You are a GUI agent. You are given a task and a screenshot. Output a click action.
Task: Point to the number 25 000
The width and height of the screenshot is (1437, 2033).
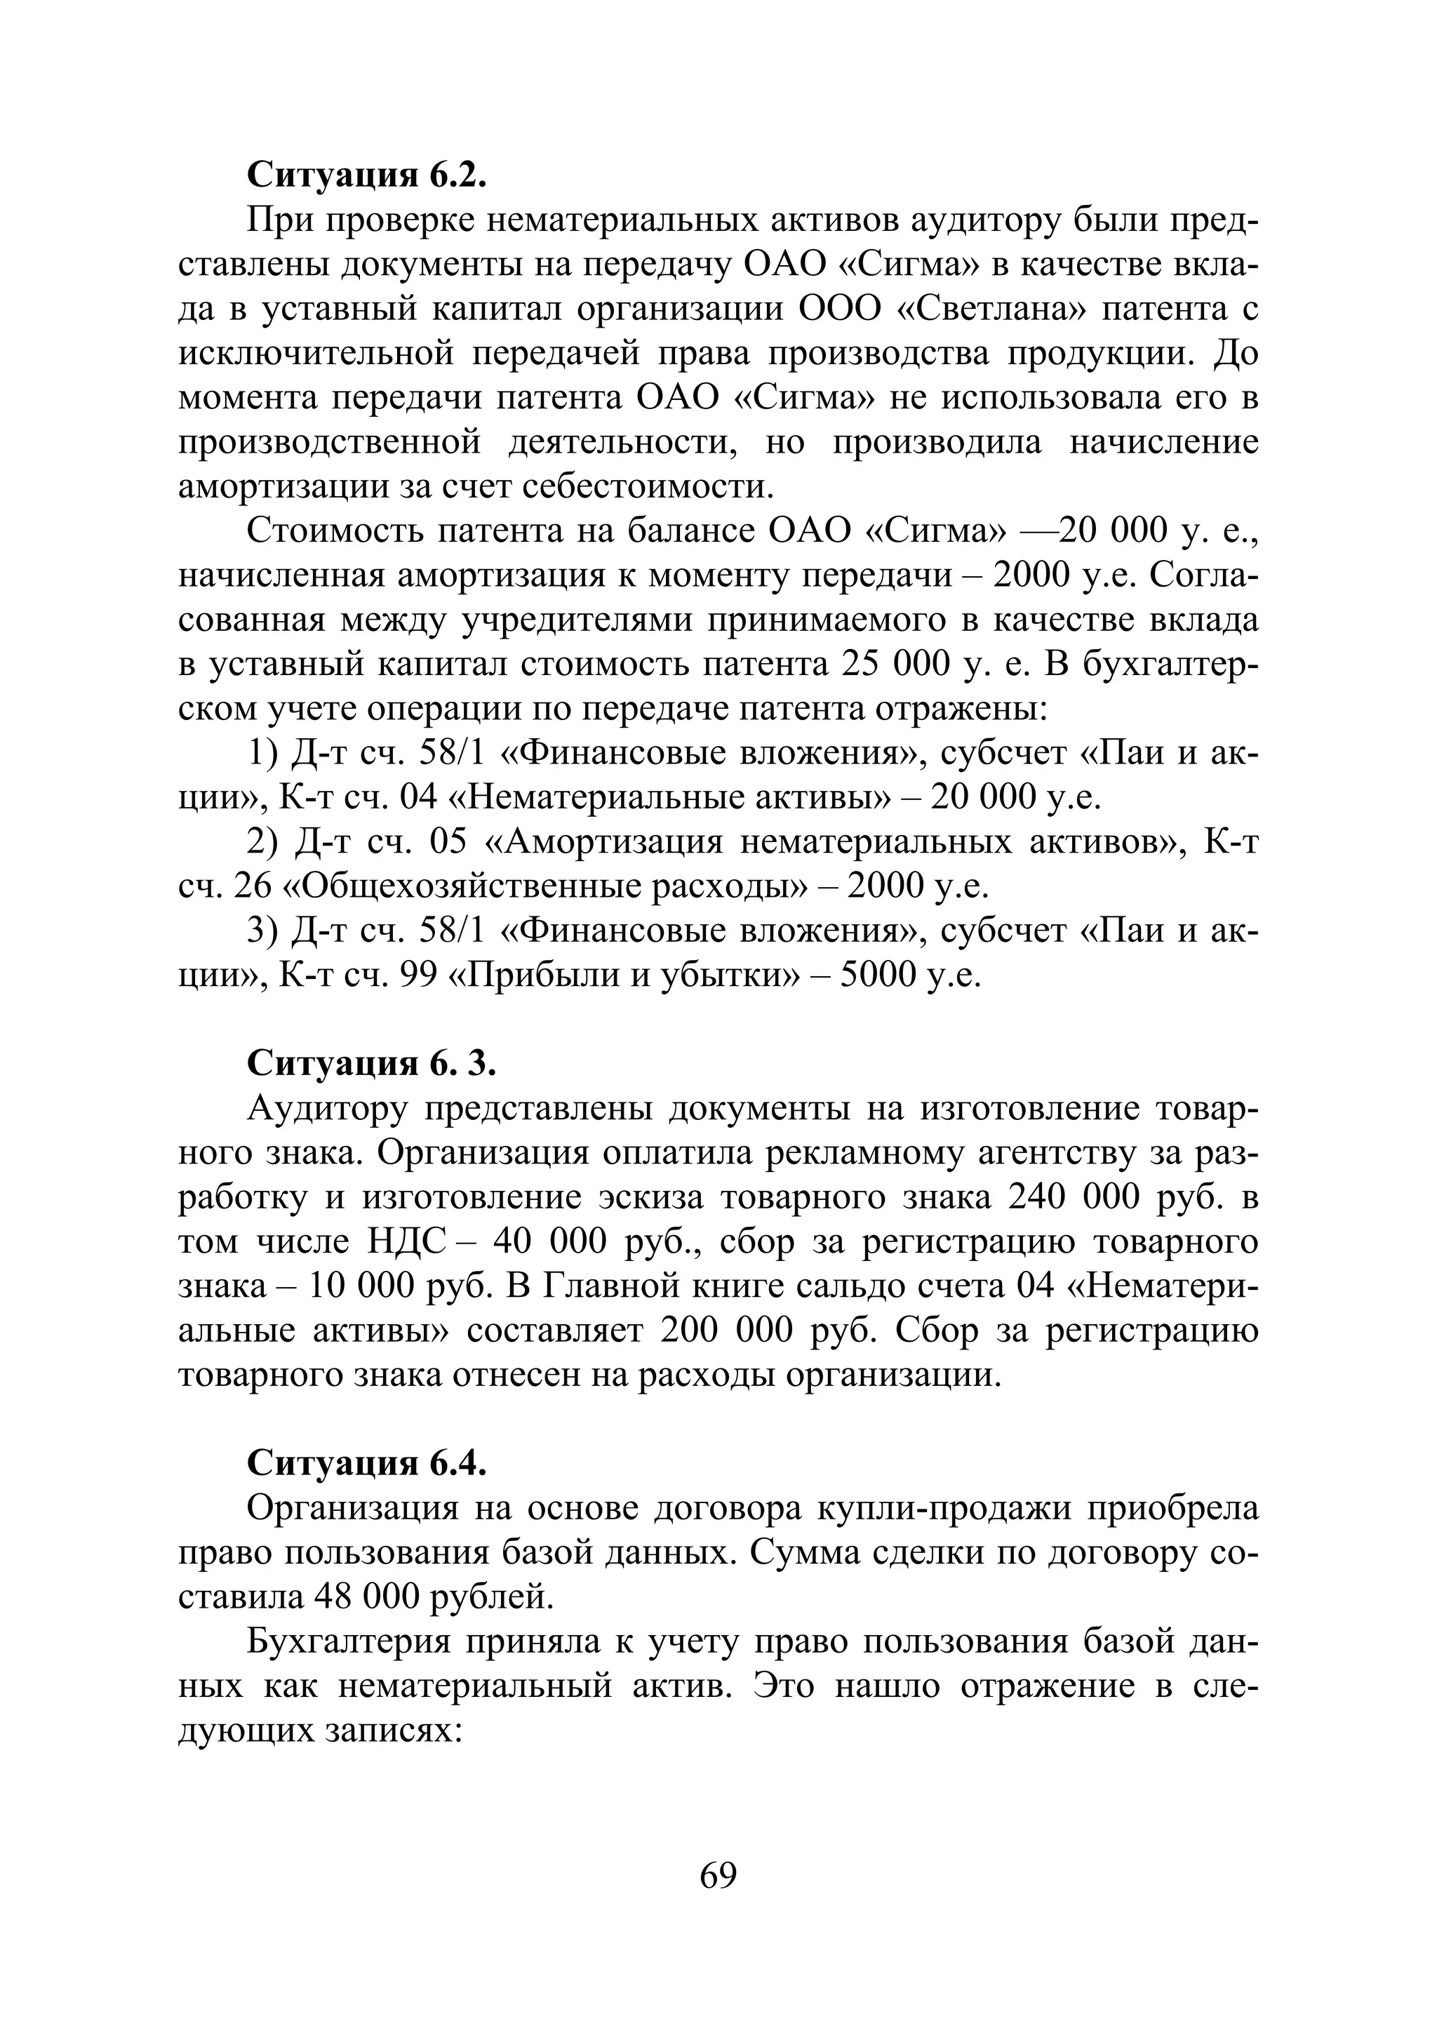tap(890, 665)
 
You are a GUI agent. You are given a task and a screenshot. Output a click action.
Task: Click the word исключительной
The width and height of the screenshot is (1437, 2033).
tap(314, 354)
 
